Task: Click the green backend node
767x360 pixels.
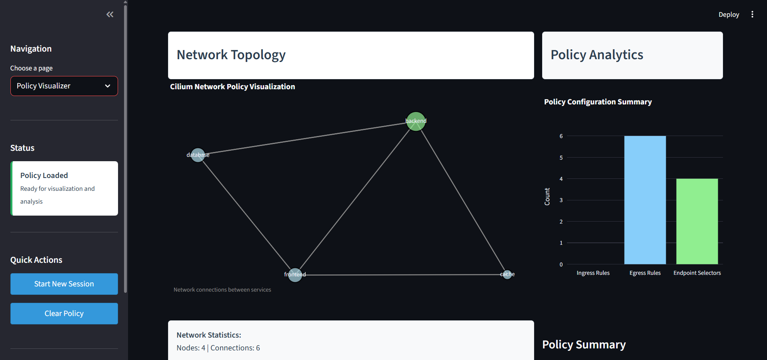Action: (x=416, y=121)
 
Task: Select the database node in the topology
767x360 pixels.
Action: (x=198, y=155)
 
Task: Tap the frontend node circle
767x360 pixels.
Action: (x=295, y=275)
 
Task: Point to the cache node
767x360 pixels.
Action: (x=507, y=274)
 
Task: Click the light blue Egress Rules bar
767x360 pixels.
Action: (x=645, y=200)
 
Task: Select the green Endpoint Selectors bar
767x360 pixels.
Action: (x=697, y=221)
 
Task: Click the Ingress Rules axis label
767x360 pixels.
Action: (x=593, y=273)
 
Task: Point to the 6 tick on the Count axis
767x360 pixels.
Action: (x=561, y=136)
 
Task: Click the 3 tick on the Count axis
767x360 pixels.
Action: (x=561, y=200)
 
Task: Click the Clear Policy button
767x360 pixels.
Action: (x=64, y=314)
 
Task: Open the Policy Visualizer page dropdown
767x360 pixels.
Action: (x=64, y=86)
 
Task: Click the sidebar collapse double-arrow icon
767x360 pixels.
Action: (x=110, y=14)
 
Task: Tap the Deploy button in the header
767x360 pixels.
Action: (x=729, y=14)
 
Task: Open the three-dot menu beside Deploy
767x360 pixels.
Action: (x=752, y=14)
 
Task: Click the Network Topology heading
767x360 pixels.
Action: (x=231, y=55)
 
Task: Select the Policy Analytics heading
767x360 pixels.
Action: (x=597, y=55)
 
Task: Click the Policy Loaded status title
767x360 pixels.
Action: (x=44, y=175)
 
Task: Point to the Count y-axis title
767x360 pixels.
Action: (x=547, y=196)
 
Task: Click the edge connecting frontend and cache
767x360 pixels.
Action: (x=400, y=275)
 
